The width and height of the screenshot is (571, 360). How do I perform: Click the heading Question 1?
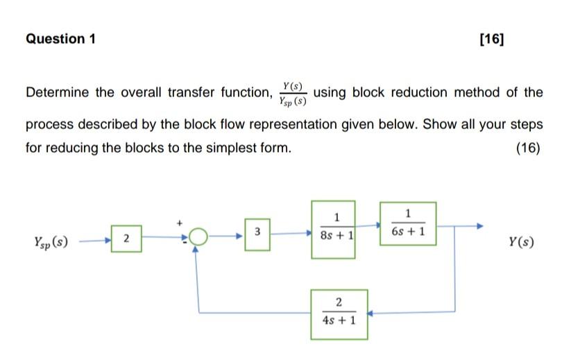click(x=60, y=39)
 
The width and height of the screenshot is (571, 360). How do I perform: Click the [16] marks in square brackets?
click(x=492, y=39)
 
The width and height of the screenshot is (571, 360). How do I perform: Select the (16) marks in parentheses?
click(x=528, y=148)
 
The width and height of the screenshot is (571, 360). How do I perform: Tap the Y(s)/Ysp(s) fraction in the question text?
click(x=292, y=93)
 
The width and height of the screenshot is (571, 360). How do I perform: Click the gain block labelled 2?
click(x=127, y=239)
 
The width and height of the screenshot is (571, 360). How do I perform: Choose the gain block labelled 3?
click(x=257, y=230)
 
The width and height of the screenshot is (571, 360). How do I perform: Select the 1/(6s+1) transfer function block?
click(x=408, y=223)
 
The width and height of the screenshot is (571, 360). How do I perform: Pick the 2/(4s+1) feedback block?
click(x=339, y=313)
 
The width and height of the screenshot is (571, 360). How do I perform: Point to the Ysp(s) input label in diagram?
click(x=51, y=242)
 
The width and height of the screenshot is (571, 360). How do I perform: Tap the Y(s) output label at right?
click(x=521, y=242)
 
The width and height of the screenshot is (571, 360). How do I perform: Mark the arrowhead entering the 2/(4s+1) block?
click(x=371, y=314)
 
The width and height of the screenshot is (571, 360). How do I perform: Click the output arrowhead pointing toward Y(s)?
click(x=480, y=225)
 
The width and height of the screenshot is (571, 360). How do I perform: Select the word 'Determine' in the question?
click(x=58, y=93)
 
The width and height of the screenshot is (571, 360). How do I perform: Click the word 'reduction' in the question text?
click(x=445, y=93)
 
